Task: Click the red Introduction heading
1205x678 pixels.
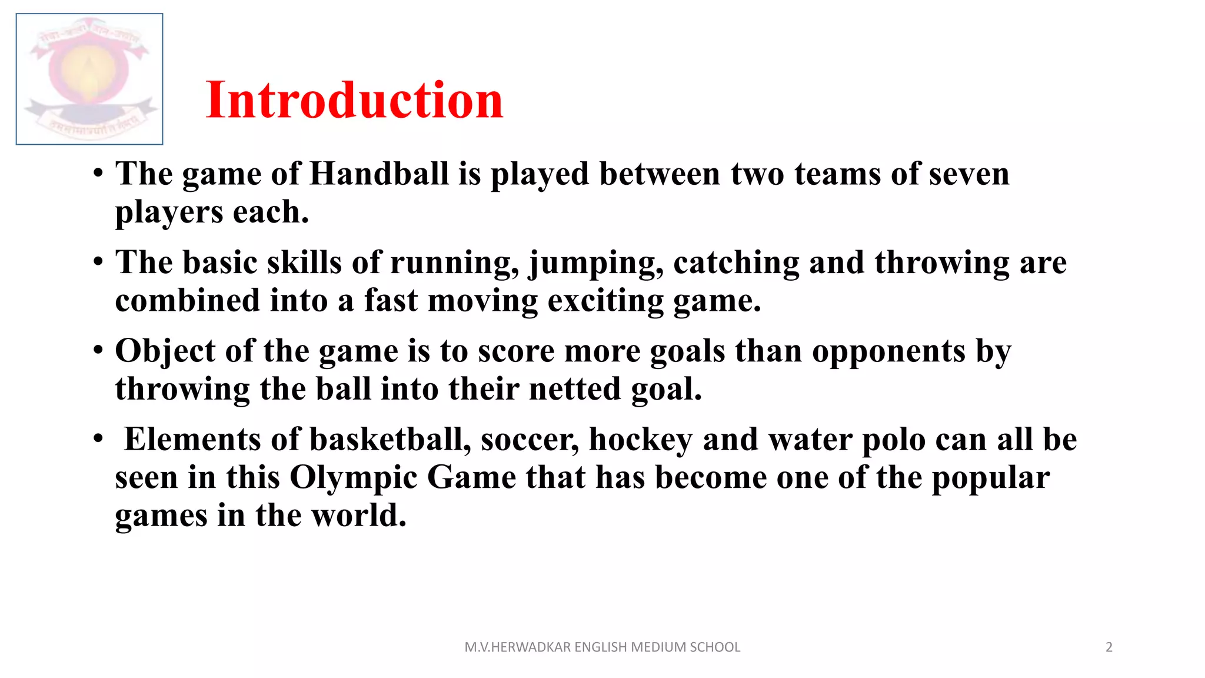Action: [x=354, y=100]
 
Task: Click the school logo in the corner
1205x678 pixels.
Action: [x=89, y=79]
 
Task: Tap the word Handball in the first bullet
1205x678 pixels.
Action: [x=379, y=174]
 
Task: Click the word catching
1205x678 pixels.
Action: [x=736, y=263]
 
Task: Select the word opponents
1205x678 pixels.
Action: [x=888, y=351]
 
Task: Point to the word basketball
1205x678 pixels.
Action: [x=390, y=440]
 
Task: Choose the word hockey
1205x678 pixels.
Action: [x=641, y=440]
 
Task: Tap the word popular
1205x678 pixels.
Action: [x=990, y=477]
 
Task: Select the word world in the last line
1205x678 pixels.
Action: [x=358, y=515]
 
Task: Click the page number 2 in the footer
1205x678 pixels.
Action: [x=1109, y=647]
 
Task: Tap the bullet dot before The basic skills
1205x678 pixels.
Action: [x=98, y=262]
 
